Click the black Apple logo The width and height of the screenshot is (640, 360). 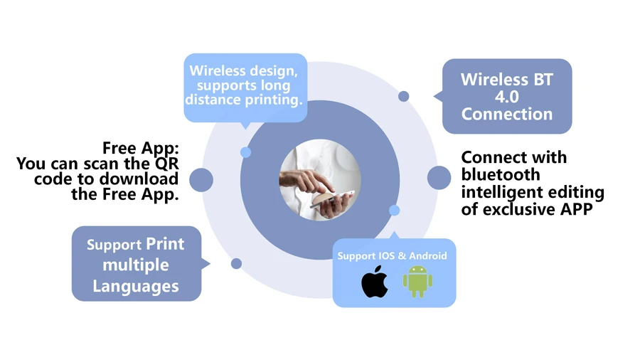click(375, 282)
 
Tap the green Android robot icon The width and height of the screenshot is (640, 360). click(417, 282)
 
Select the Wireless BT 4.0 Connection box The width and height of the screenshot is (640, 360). click(506, 96)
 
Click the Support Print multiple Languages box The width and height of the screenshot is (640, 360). click(136, 264)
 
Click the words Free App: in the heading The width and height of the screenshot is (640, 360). click(141, 148)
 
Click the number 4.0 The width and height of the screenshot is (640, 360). click(506, 97)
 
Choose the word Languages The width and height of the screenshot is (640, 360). click(135, 286)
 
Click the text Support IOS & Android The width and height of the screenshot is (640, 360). click(392, 255)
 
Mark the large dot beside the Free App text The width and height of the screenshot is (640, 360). click(201, 180)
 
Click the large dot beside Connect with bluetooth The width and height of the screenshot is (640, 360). click(439, 177)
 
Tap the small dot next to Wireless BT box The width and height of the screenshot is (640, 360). click(403, 96)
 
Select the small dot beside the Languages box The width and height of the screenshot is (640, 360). click(236, 263)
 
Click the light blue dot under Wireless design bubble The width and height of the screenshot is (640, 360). click(245, 152)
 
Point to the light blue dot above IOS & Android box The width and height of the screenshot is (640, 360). click(394, 210)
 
